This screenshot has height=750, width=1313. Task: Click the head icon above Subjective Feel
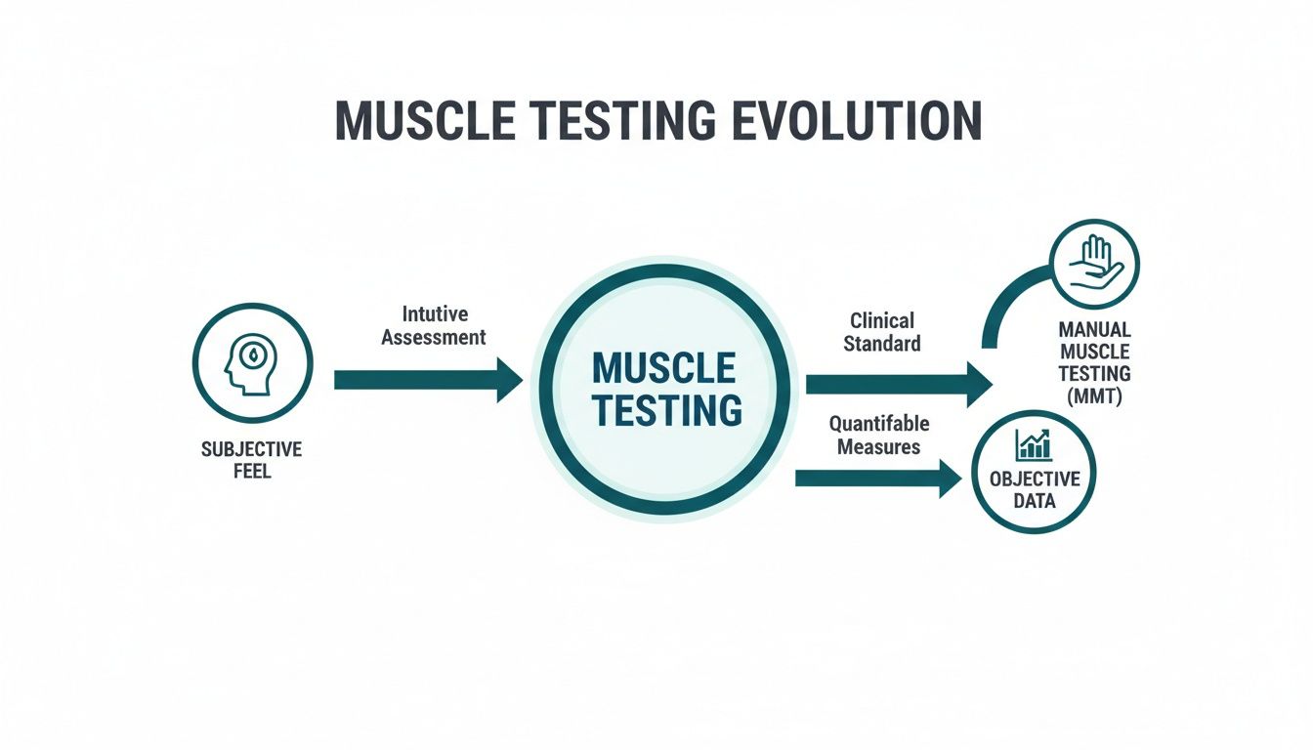click(x=252, y=362)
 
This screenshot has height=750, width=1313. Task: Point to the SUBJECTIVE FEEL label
click(x=252, y=460)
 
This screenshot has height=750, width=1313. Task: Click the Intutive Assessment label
click(x=433, y=326)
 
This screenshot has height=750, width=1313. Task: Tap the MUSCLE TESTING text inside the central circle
click(x=664, y=390)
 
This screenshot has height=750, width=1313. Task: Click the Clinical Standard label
click(x=882, y=332)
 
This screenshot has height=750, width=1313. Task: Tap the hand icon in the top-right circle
click(x=1094, y=263)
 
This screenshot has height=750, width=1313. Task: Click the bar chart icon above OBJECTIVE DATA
click(x=1034, y=445)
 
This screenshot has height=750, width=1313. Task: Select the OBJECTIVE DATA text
click(x=1035, y=489)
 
